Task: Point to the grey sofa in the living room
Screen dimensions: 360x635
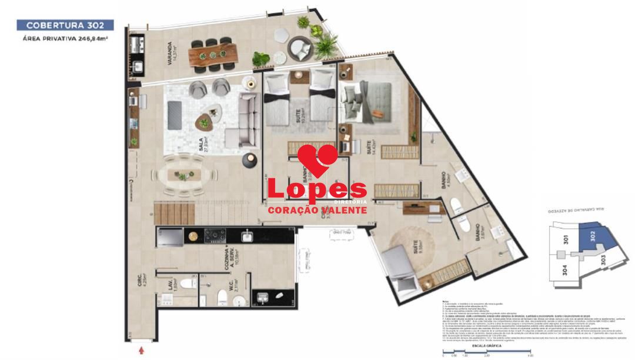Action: [x=248, y=121]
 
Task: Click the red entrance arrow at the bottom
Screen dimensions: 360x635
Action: [x=141, y=351]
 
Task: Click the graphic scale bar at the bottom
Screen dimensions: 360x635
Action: [x=487, y=353]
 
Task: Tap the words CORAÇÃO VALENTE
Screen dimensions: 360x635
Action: [x=317, y=210]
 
